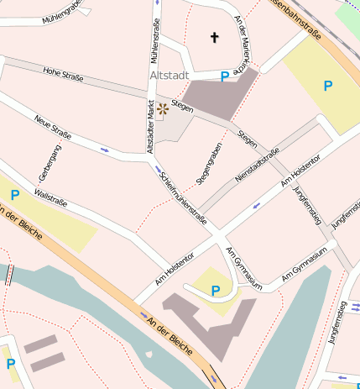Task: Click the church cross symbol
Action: (x=214, y=38)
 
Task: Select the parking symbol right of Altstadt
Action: (x=224, y=76)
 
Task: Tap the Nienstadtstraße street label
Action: (x=257, y=165)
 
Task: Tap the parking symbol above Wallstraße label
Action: (x=14, y=195)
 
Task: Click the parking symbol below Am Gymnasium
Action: (x=216, y=291)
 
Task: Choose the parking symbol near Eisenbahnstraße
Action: (x=327, y=85)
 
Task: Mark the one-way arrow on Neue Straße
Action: (x=105, y=150)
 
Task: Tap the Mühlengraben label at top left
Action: (x=62, y=9)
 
